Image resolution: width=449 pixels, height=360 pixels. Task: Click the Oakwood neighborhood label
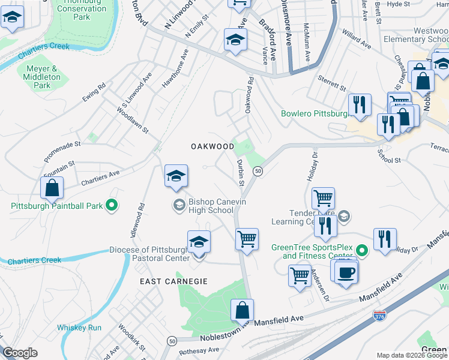(x=212, y=146)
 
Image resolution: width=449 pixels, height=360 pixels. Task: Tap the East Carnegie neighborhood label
(x=173, y=281)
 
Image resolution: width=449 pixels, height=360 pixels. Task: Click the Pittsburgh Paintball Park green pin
(x=112, y=206)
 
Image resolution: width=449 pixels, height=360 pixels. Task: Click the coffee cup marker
(x=346, y=274)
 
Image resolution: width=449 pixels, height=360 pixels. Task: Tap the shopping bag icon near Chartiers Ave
(x=52, y=188)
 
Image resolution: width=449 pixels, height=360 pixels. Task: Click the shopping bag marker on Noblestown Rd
(x=242, y=311)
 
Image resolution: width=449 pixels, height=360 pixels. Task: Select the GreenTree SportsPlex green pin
(x=361, y=250)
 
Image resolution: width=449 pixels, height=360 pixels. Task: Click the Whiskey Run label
(x=79, y=328)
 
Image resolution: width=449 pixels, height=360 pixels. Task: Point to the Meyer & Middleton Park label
(x=43, y=77)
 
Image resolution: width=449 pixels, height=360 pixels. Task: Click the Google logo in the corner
(x=20, y=353)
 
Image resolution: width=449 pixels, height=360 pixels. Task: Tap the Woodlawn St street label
(x=132, y=121)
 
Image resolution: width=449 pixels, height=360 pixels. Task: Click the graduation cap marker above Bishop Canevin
(x=176, y=176)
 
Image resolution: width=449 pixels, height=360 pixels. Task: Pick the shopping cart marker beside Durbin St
(x=247, y=239)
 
